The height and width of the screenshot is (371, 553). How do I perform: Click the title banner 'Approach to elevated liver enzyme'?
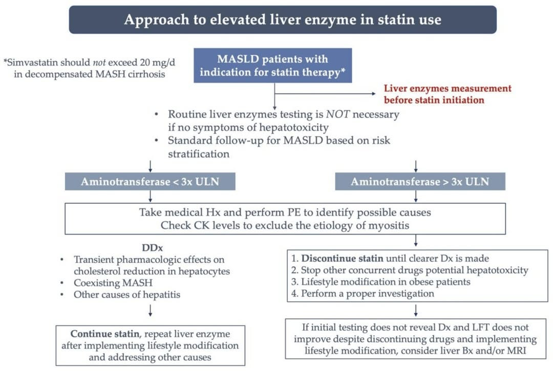point(283,20)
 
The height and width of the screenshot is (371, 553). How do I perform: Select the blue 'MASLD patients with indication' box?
point(273,65)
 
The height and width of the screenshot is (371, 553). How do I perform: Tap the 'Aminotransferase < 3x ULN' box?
point(150,181)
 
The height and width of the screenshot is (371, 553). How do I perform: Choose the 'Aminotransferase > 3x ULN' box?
point(420,181)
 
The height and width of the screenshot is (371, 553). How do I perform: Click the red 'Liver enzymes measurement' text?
point(447,94)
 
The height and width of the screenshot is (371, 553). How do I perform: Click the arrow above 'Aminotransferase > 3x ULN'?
point(415,166)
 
